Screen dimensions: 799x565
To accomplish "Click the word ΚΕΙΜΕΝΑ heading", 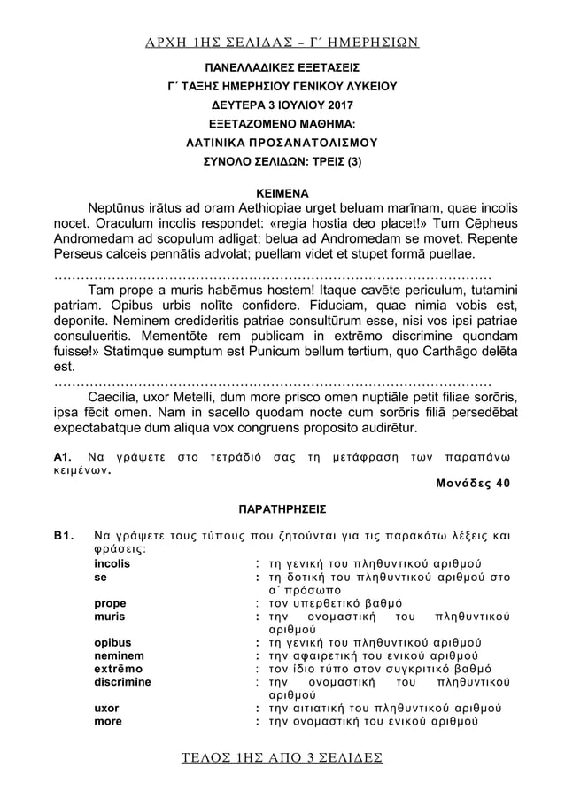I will tap(282, 190).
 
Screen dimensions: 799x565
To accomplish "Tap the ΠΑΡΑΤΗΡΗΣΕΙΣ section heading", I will tap(282, 509).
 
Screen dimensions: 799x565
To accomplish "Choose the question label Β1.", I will tap(64, 537).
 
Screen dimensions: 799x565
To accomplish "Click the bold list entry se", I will tap(101, 577).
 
